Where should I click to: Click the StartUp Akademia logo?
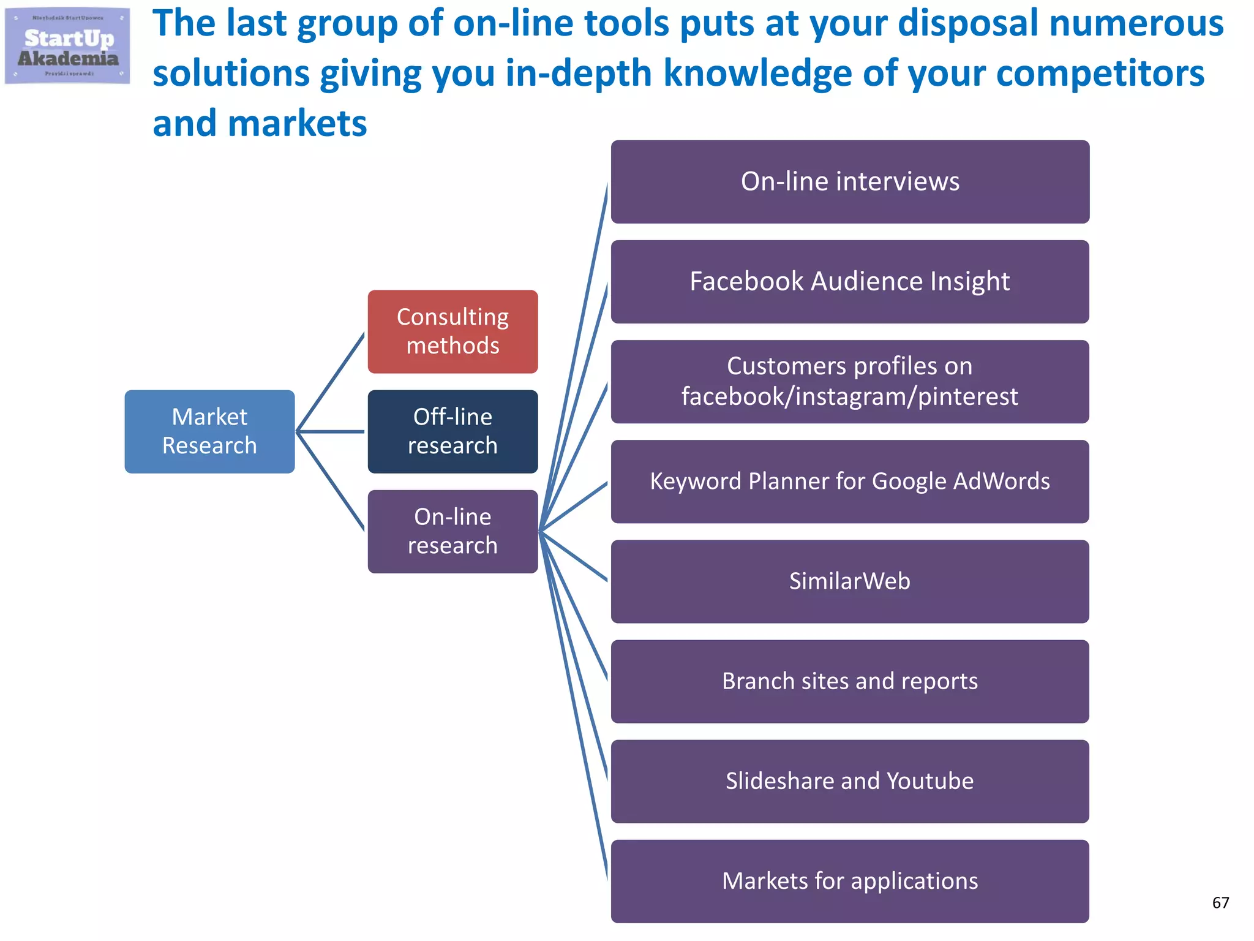pos(67,46)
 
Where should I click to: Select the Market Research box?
pos(209,431)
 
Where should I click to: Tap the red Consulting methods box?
pos(452,331)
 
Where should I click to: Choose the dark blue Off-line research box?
pos(452,431)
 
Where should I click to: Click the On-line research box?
pos(452,531)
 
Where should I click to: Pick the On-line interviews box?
pos(850,182)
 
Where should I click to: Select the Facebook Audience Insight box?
pos(850,282)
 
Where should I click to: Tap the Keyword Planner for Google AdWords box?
pos(850,482)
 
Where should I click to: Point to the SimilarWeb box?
pos(850,581)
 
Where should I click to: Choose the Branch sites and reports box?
pos(850,681)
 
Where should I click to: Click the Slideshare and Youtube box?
pos(850,781)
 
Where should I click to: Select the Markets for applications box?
pos(850,881)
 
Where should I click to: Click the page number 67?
pos(1220,902)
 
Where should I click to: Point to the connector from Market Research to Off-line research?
pos(331,431)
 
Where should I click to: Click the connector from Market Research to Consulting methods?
pos(331,382)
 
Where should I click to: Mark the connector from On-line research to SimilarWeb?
pos(574,556)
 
